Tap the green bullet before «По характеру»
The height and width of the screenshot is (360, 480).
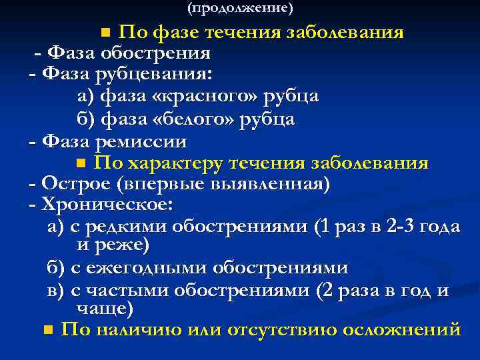click(81, 163)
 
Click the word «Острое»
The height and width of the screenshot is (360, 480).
click(73, 184)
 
